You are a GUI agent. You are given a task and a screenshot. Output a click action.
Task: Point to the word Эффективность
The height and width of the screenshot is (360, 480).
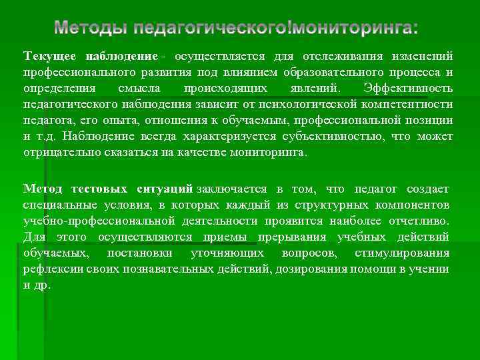pos(409,89)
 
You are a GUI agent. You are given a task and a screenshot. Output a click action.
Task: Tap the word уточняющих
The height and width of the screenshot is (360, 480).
pos(227,253)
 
